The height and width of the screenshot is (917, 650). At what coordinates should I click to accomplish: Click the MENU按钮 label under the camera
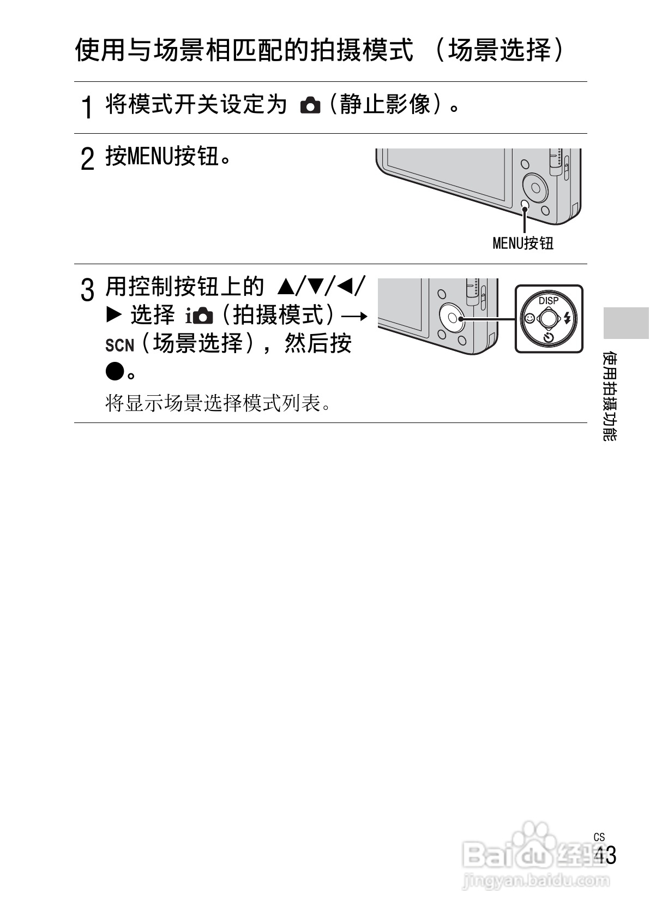coord(522,243)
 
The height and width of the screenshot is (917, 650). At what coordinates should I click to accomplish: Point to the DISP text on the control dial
coord(549,300)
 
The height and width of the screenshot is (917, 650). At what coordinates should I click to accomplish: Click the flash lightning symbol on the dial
coord(567,317)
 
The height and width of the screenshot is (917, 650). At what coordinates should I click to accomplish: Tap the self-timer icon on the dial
coord(549,337)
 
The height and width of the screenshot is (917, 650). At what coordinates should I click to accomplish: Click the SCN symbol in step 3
coord(119,346)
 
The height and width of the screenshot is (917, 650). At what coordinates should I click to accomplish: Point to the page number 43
coord(605,855)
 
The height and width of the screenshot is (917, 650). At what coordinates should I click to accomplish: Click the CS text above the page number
coord(599,837)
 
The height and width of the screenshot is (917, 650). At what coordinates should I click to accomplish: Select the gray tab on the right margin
coord(626,323)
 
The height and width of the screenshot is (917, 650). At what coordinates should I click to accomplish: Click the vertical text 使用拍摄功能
coord(610,396)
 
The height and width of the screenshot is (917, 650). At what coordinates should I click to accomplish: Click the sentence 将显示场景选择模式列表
coord(218,404)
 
